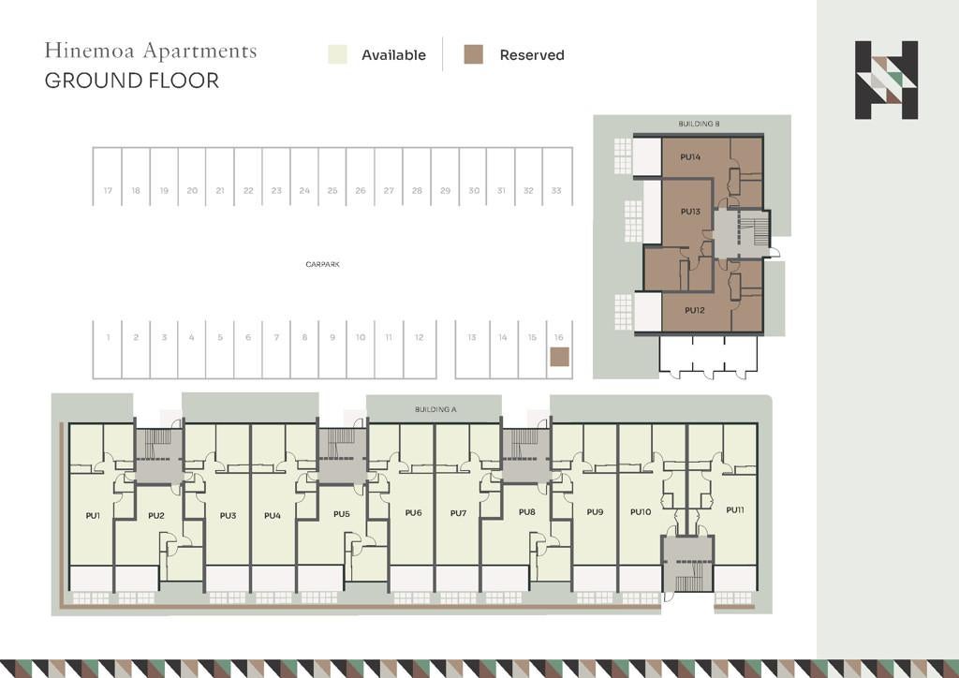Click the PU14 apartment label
pos(690,157)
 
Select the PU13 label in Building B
pos(690,212)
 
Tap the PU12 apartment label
pos(694,310)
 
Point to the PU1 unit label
pos(93,515)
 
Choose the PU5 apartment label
pos(341,513)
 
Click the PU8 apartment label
pos(526,511)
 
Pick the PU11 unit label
pos(735,509)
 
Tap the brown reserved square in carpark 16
pos(560,357)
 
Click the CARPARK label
pos(322,265)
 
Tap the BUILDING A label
pos(435,409)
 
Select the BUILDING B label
pos(699,124)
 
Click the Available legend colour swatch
pos(337,54)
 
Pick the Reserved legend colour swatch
pos(473,54)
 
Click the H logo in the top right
pos(886,81)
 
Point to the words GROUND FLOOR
pos(131,81)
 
